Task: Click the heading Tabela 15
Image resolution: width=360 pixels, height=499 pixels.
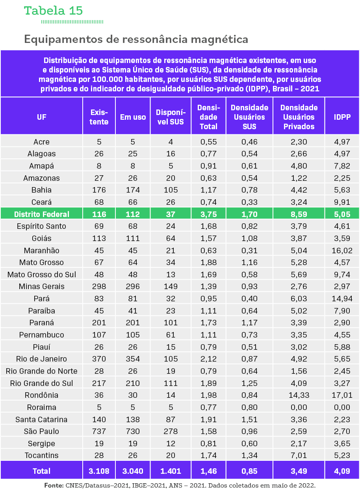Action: pos(53,11)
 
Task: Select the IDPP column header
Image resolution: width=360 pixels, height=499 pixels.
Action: pos(342,117)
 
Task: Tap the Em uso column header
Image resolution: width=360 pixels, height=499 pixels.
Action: pos(133,117)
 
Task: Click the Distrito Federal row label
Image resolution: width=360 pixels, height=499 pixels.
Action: pos(42,214)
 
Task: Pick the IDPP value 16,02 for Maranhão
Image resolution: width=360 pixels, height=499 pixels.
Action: pos(342,250)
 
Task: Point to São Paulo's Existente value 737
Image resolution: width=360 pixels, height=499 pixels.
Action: pos(99,431)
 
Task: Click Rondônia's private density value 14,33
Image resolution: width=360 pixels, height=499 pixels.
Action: pos(299,395)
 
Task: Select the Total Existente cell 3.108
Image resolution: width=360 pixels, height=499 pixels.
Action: pos(99,471)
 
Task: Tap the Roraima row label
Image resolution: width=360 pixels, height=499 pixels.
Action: pos(42,407)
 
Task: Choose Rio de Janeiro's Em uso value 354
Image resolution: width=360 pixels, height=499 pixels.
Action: pos(133,359)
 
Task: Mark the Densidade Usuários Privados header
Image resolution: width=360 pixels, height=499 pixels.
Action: pos(299,117)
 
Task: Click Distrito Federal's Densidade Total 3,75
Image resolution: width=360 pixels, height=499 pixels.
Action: pos(208,214)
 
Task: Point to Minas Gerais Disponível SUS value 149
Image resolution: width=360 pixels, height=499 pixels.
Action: pos(171,286)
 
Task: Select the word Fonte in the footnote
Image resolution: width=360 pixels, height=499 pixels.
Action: pos(54,486)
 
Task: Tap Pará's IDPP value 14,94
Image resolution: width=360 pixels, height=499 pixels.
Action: pos(342,299)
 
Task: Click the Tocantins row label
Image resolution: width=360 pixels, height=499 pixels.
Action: pos(42,455)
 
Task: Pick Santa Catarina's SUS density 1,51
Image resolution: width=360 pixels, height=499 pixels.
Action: pos(249,419)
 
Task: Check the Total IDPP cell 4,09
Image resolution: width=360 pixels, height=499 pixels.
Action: pos(342,471)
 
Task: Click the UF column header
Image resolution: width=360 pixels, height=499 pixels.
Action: pos(42,117)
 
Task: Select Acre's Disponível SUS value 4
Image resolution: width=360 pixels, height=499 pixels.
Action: pos(171,142)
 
